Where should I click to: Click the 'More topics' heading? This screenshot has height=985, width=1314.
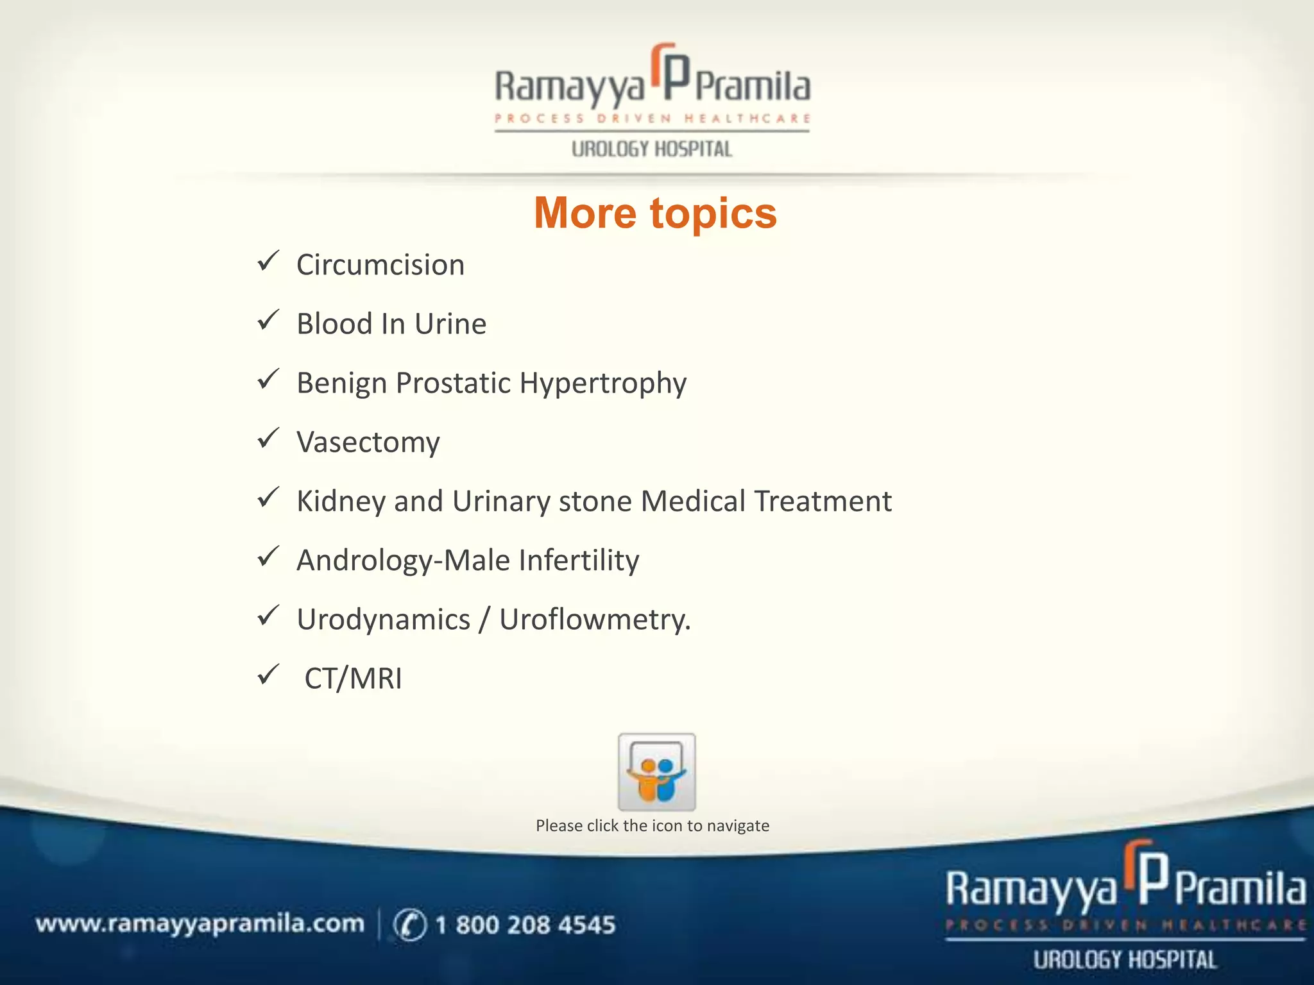[655, 213]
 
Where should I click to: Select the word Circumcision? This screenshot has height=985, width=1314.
[380, 265]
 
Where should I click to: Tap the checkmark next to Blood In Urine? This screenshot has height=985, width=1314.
[268, 320]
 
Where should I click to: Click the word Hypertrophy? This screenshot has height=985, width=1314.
[602, 383]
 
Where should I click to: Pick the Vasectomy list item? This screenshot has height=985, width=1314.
[368, 442]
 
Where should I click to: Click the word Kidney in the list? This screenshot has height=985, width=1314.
[340, 501]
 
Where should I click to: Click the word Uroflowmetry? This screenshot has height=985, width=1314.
[594, 619]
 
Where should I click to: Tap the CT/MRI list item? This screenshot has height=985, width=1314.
[353, 678]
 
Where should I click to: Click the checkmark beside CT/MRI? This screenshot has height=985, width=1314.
[268, 675]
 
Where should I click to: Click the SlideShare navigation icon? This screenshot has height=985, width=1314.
[656, 771]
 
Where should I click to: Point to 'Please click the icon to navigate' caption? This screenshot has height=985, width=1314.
[653, 825]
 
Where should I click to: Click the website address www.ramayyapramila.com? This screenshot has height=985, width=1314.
[200, 924]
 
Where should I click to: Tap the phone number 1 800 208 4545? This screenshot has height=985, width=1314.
[525, 925]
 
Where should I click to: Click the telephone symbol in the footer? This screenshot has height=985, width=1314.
[409, 925]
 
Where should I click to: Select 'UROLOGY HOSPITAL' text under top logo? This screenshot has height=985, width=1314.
[651, 149]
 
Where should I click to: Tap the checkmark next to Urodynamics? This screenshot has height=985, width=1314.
[268, 616]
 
